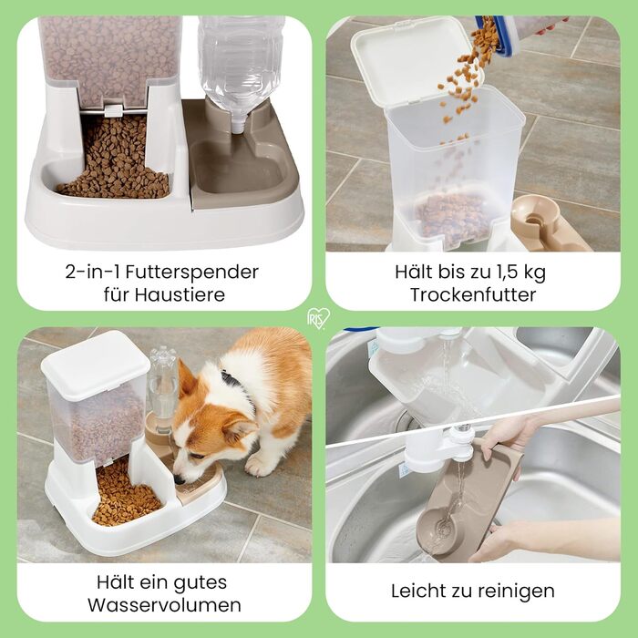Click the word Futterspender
[191, 273]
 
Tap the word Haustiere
[180, 294]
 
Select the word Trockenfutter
[473, 295]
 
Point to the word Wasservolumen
[164, 605]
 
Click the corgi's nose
[179, 480]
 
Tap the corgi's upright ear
[186, 379]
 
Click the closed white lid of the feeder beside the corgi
[96, 365]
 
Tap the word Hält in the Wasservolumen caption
[116, 582]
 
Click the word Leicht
[418, 591]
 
